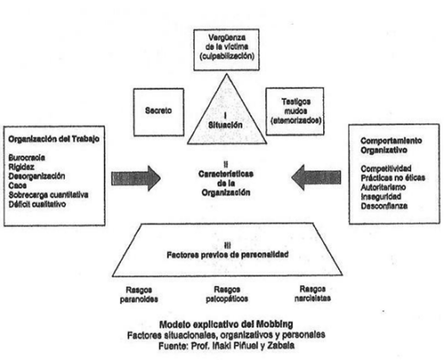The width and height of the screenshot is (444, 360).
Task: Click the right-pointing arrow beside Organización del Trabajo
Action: point(136,179)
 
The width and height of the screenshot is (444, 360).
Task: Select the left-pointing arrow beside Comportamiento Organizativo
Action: point(316,178)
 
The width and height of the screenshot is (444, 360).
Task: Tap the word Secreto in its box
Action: point(158,110)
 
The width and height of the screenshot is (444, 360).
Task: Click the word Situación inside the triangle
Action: point(226,125)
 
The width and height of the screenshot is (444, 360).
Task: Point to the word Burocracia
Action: point(27,157)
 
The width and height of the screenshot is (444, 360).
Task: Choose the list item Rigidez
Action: point(21,167)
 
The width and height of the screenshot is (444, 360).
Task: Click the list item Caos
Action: point(18,186)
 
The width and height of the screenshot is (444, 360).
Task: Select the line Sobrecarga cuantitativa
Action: point(48,195)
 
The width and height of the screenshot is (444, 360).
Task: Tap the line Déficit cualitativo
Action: point(37,204)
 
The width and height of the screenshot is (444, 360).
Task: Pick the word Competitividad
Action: point(386,168)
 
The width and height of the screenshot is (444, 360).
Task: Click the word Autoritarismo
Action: point(383,187)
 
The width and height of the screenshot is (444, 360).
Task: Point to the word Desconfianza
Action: point(384,206)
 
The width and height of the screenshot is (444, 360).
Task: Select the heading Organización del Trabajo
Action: point(54,139)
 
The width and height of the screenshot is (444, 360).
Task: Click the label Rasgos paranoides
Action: point(139,294)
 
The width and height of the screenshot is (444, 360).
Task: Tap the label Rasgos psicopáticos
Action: point(227,294)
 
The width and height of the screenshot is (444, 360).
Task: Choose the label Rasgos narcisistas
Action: point(313,293)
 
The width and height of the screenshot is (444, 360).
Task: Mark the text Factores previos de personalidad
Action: point(227,255)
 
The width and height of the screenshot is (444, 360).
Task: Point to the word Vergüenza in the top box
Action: point(226,37)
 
